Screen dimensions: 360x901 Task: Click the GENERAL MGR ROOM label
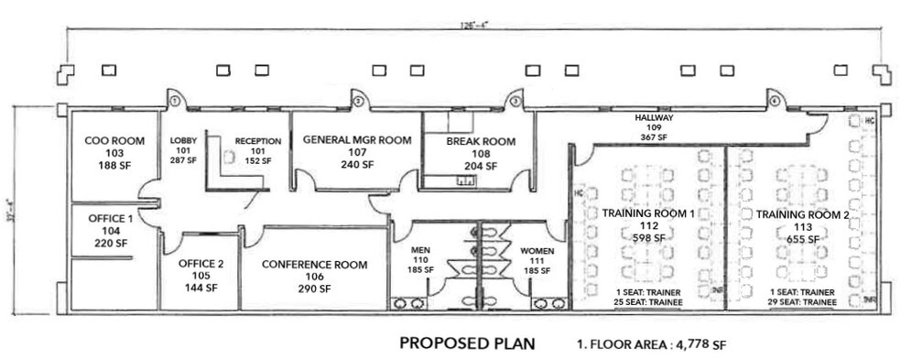pos(356,140)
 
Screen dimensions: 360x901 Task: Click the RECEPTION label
pos(257,141)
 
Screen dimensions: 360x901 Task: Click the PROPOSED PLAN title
pos(467,344)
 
